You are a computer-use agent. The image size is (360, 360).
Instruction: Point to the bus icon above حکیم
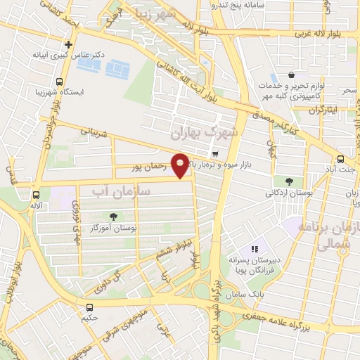point(89,307)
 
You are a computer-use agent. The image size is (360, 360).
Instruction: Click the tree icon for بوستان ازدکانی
point(288,180)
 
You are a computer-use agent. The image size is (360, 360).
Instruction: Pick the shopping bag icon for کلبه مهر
point(290,75)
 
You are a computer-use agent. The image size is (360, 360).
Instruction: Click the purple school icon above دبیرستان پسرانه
point(255,249)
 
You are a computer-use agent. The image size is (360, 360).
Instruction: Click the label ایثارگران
point(325,110)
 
